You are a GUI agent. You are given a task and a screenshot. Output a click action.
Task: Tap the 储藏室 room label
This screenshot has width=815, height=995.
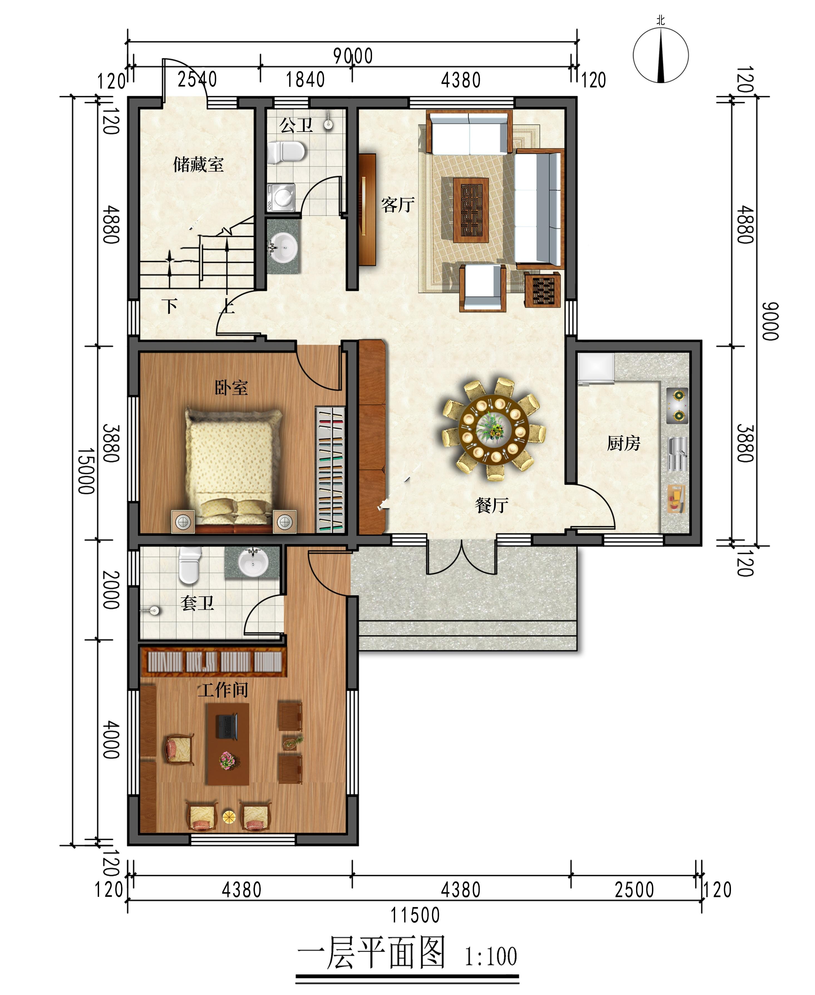pos(199,165)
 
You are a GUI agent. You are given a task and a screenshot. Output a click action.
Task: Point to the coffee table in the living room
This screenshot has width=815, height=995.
pos(471,210)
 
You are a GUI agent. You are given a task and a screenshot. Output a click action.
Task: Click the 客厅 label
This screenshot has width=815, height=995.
pos(398,205)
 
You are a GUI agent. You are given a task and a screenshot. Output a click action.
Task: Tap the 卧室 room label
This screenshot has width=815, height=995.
pos(231,388)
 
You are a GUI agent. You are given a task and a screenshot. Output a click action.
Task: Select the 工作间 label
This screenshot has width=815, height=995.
pos(223,690)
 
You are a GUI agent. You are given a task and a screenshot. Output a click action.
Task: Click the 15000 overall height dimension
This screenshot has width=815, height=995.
pos(86,471)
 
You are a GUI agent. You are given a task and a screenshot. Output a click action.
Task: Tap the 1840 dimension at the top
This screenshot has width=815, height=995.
pos(306,80)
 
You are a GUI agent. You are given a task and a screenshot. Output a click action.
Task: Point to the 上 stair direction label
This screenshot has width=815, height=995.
pos(227,307)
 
